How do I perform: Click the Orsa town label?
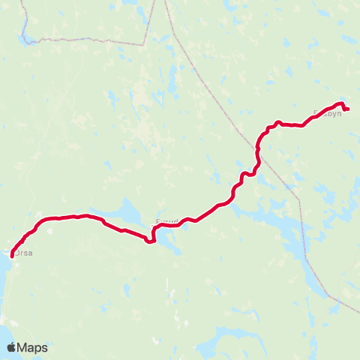(x=24, y=253)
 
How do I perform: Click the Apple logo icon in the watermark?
(x=12, y=347)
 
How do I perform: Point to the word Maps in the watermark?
(x=33, y=347)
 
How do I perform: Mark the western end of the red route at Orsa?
(x=12, y=256)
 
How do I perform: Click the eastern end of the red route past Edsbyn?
(x=348, y=109)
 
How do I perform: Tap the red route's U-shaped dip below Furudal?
(x=151, y=240)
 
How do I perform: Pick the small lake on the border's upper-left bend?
(x=25, y=34)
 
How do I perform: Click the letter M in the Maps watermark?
(x=25, y=347)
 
